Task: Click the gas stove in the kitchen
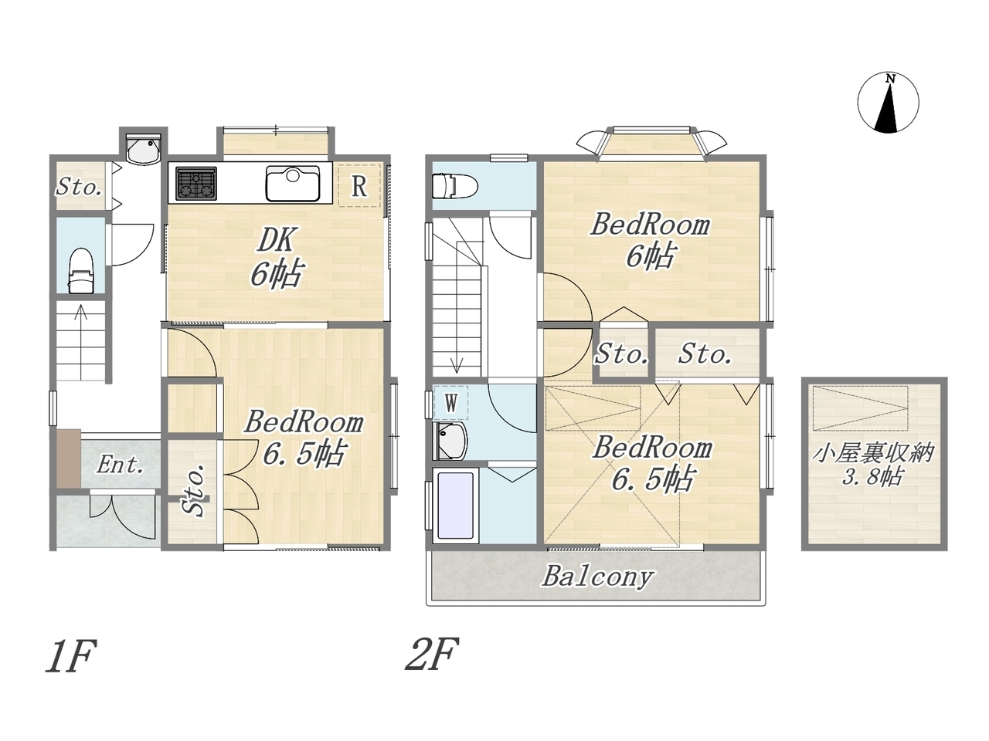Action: (x=196, y=183)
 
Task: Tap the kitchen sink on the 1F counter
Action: (x=293, y=183)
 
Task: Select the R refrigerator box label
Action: (x=359, y=186)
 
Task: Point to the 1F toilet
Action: (x=81, y=271)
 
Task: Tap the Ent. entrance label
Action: (x=121, y=465)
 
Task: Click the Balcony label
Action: (x=597, y=577)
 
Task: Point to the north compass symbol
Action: (x=888, y=103)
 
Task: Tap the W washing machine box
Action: (x=451, y=403)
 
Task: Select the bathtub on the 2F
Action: (x=455, y=506)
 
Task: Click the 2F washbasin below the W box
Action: (x=450, y=441)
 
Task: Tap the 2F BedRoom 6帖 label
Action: (x=650, y=241)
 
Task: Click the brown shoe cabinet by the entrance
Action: (x=69, y=458)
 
